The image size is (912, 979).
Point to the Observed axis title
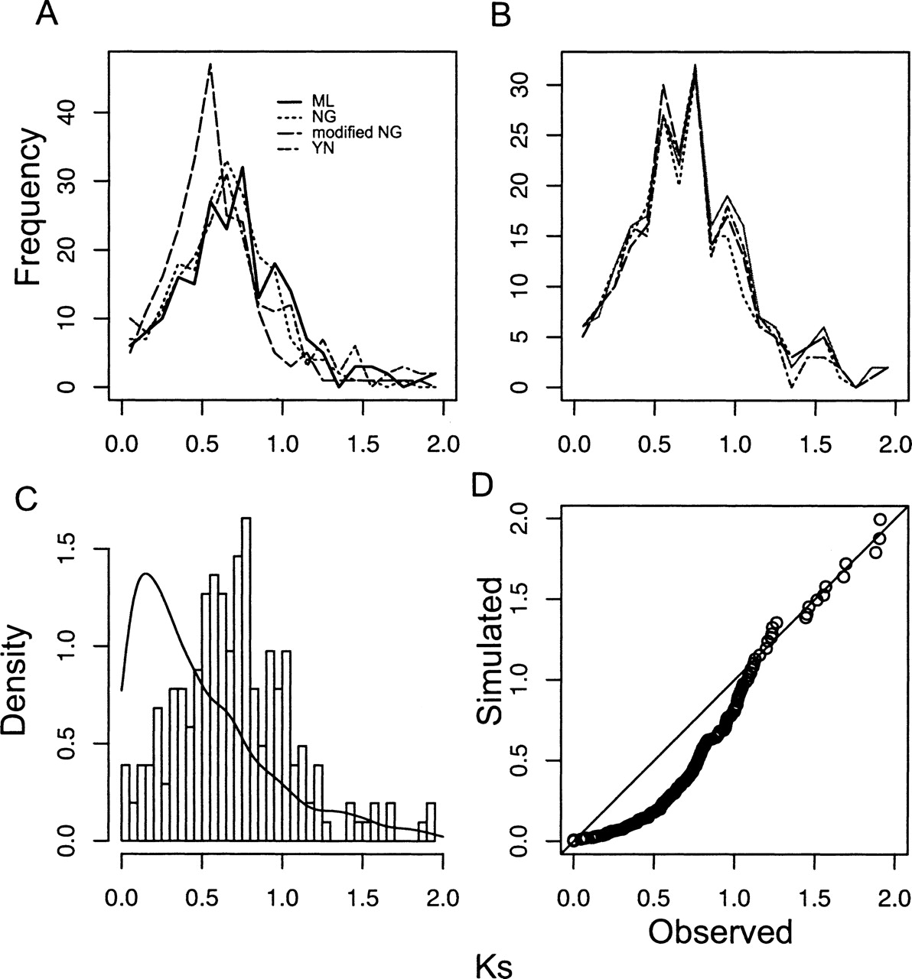click(719, 931)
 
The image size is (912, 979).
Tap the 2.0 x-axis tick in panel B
click(891, 443)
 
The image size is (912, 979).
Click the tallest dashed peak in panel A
click(210, 65)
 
